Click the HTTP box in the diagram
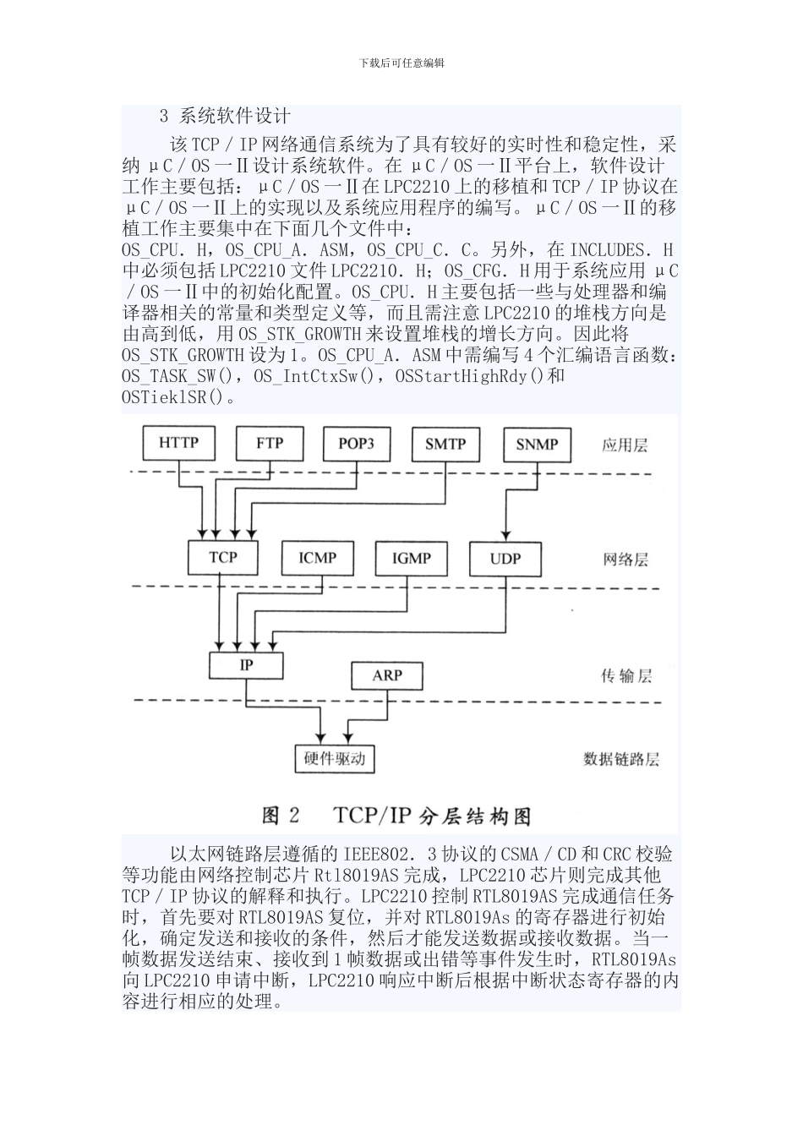point(179,442)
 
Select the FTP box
point(270,443)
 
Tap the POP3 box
point(356,443)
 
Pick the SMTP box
point(445,444)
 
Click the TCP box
point(223,557)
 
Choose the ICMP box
point(317,558)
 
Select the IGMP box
point(411,559)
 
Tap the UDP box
point(505,559)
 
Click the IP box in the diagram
point(246,664)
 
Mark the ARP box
point(387,675)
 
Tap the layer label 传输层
point(625,676)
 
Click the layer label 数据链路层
point(621,759)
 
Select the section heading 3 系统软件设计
point(225,117)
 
